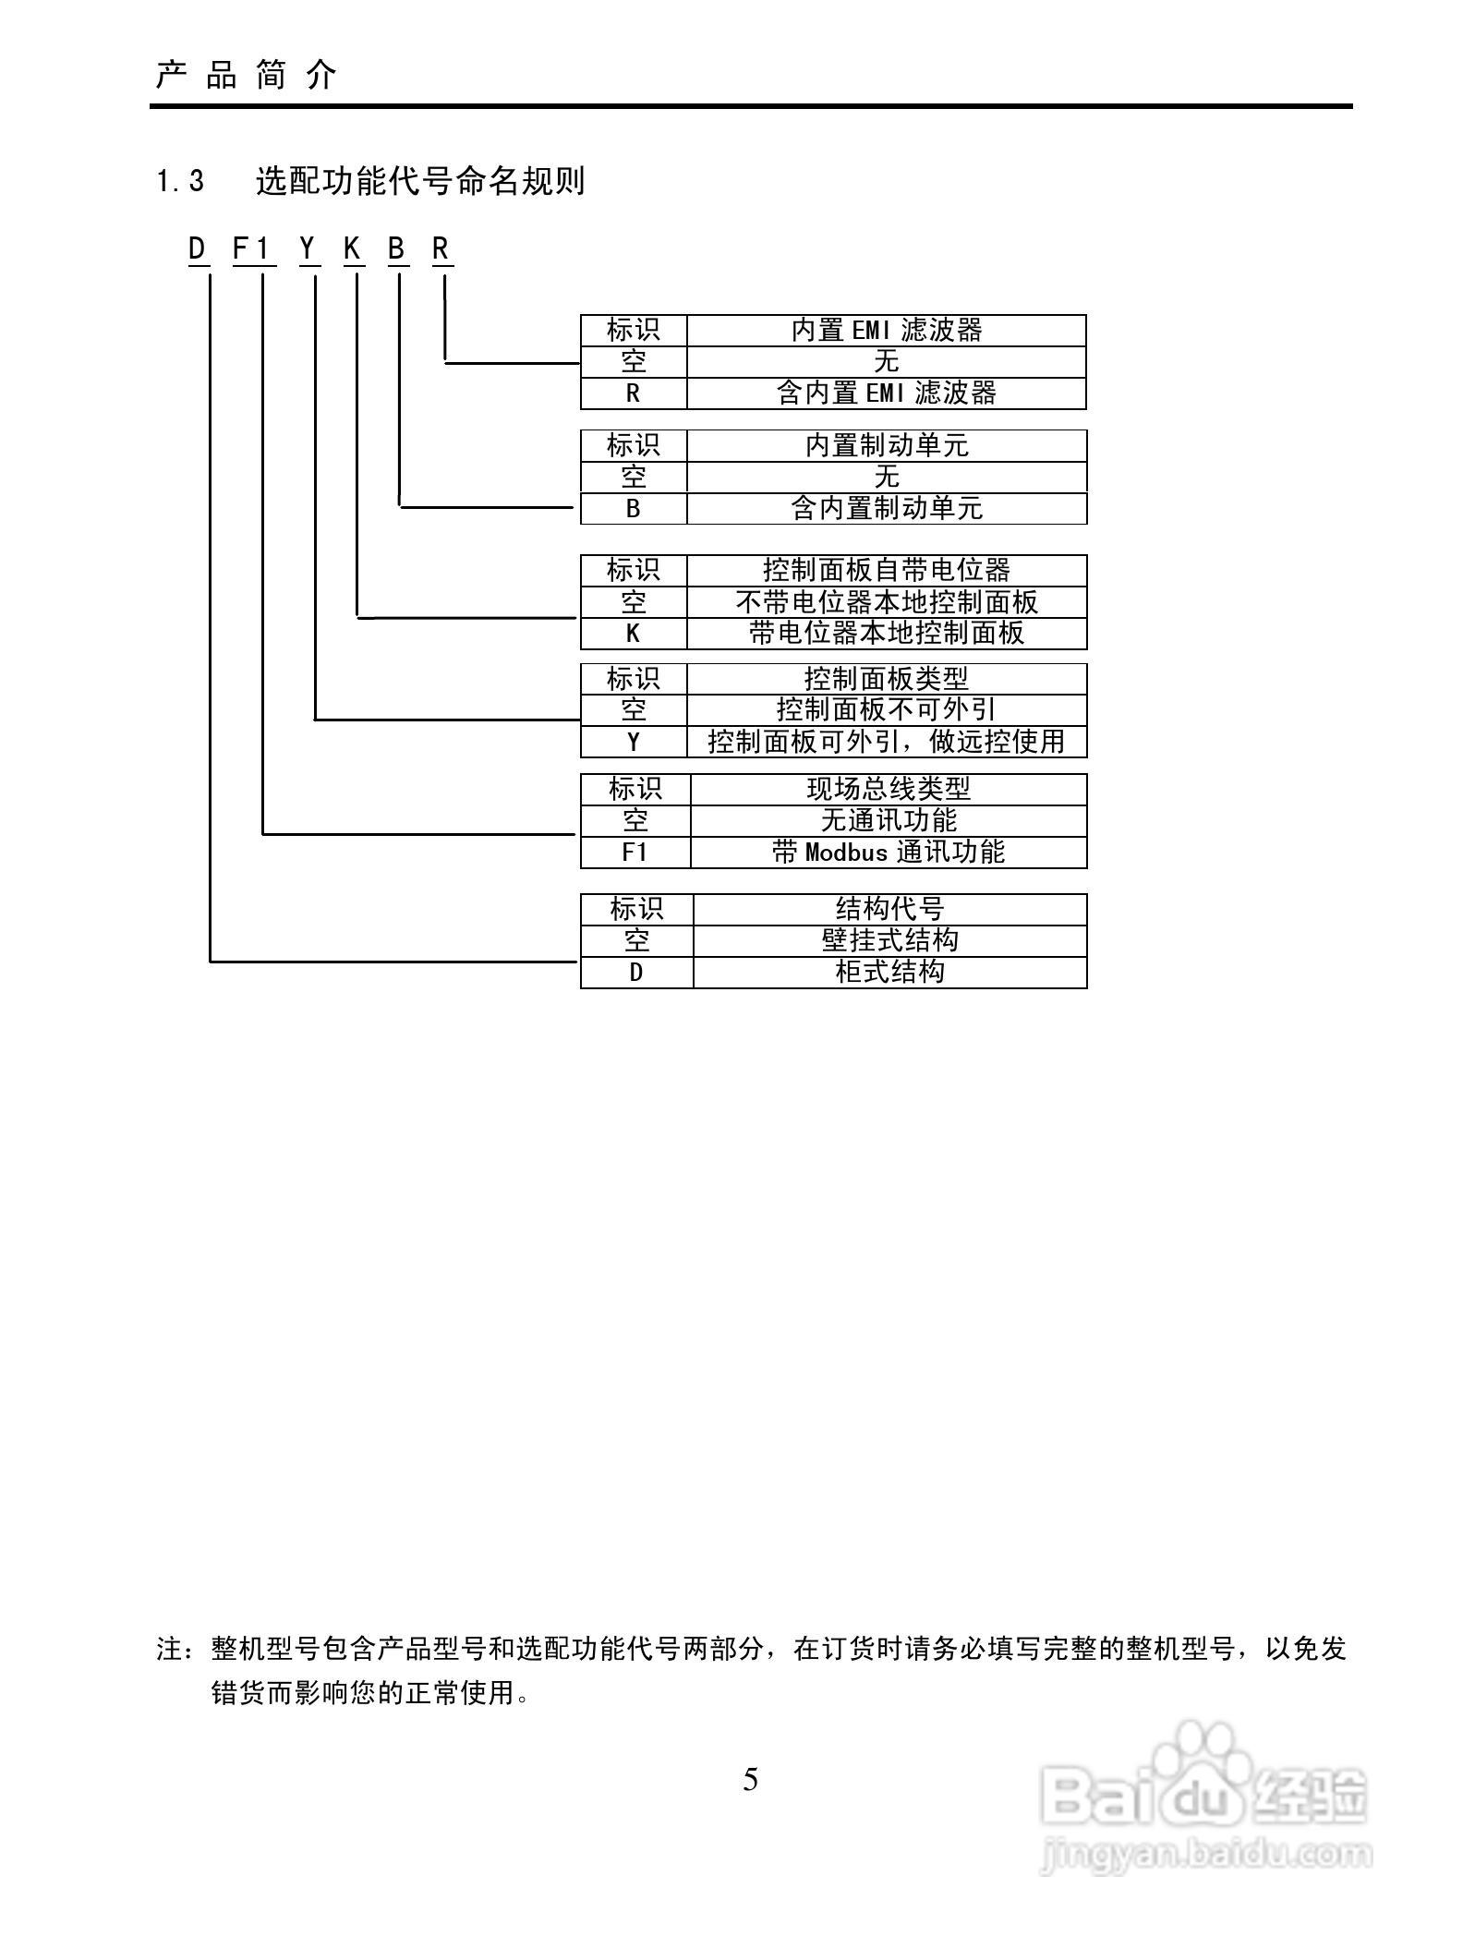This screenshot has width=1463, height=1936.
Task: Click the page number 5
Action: pos(750,1779)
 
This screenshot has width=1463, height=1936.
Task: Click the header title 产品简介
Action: pos(247,76)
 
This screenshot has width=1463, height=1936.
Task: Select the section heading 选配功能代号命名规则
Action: pos(420,181)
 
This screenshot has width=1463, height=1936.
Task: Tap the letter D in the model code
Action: pos(198,249)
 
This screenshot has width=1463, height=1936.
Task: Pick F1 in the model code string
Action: pos(252,249)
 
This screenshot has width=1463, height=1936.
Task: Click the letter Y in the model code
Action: pos(308,249)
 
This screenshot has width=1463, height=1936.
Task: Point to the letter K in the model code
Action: pos(353,249)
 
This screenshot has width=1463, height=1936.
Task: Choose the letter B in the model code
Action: pos(397,249)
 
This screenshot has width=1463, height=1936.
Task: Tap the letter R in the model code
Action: pos(441,249)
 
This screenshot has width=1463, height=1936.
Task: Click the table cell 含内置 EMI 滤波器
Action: pos(886,393)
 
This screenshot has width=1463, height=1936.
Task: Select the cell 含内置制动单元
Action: pos(886,508)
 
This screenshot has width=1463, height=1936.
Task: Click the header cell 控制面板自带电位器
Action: pos(886,570)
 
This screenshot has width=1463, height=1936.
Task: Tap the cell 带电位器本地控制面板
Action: pos(886,634)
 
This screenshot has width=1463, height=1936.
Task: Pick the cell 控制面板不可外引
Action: pos(886,710)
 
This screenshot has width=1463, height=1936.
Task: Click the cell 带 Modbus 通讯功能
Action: pos(888,853)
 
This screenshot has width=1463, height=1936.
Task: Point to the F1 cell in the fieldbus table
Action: pos(635,853)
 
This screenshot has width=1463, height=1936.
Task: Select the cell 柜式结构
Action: pos(889,973)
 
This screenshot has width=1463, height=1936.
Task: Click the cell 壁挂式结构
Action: pos(889,941)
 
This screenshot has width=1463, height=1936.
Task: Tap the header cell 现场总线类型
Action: pos(888,790)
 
